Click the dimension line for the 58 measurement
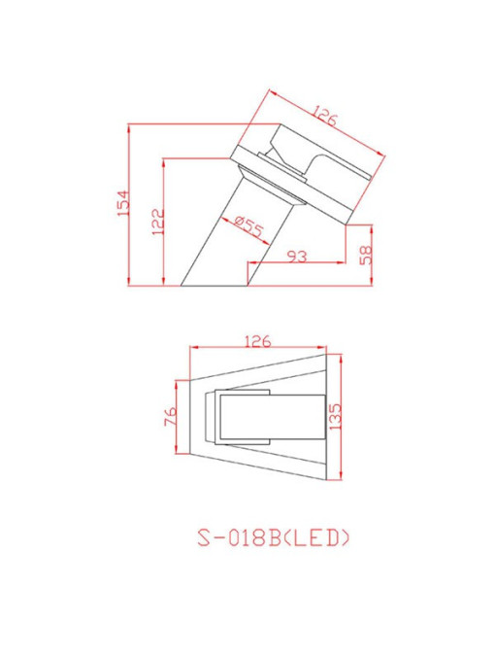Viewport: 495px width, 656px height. [373, 256]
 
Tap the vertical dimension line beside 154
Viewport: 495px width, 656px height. [131, 205]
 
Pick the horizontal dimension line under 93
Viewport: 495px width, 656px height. [295, 263]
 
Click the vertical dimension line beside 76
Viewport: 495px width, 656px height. [179, 418]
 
